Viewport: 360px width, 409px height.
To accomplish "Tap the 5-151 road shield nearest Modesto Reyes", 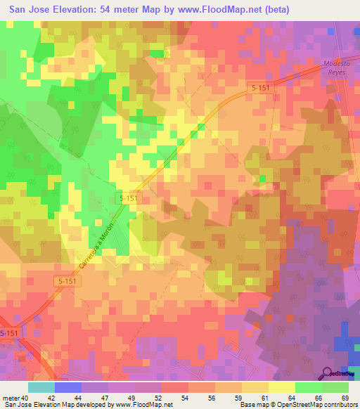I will [258, 89].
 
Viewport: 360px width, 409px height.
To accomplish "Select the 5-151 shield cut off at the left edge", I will [9, 333].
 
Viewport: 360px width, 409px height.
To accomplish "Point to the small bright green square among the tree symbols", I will [262, 178].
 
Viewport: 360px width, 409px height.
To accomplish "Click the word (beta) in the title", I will [271, 10].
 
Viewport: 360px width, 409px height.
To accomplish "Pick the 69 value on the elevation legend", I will [344, 397].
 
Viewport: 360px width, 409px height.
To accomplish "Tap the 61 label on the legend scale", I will [264, 397].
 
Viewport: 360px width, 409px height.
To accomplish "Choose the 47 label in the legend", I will [103, 397].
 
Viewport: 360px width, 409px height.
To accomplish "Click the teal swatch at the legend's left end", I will [41, 387].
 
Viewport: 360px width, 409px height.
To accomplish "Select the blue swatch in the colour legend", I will [68, 387].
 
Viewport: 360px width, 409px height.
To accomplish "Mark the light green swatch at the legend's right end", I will [335, 387].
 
